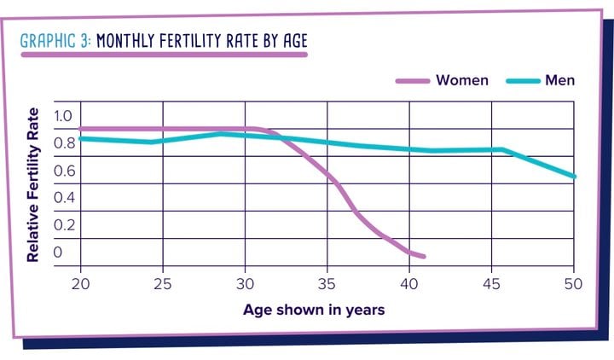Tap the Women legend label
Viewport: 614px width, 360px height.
click(461, 80)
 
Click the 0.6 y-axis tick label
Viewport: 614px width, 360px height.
click(64, 171)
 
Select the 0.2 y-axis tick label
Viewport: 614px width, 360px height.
click(64, 224)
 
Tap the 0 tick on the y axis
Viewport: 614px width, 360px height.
click(59, 252)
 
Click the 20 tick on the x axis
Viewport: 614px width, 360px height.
click(81, 282)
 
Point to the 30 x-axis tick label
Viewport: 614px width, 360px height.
click(245, 282)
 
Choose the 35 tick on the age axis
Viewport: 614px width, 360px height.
click(327, 282)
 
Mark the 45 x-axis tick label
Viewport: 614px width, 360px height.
click(491, 282)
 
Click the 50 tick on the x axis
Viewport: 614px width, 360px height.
click(572, 282)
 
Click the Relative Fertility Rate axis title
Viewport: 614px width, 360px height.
click(33, 183)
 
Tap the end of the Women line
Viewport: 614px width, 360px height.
click(423, 256)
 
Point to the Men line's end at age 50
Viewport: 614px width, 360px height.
click(575, 177)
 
